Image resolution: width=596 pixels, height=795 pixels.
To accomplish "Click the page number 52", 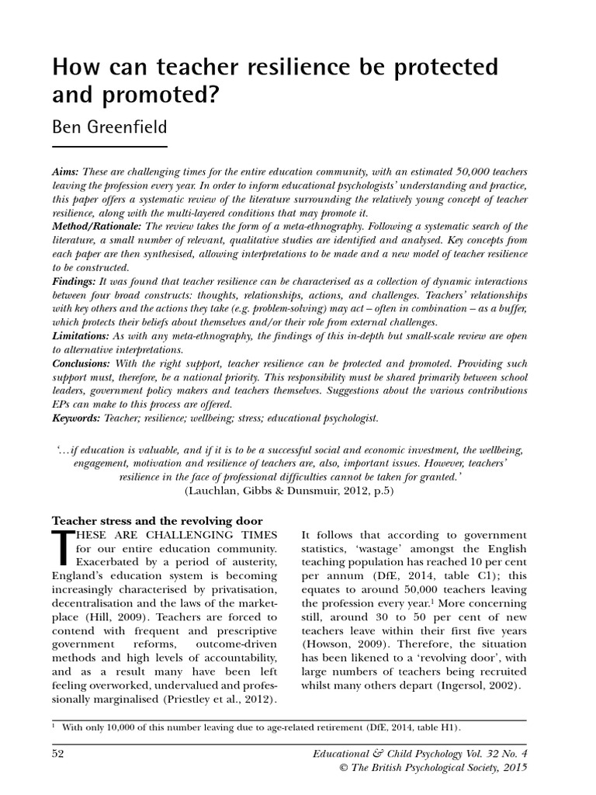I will (x=59, y=753).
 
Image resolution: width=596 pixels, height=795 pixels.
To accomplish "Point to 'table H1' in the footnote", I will (x=431, y=727).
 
